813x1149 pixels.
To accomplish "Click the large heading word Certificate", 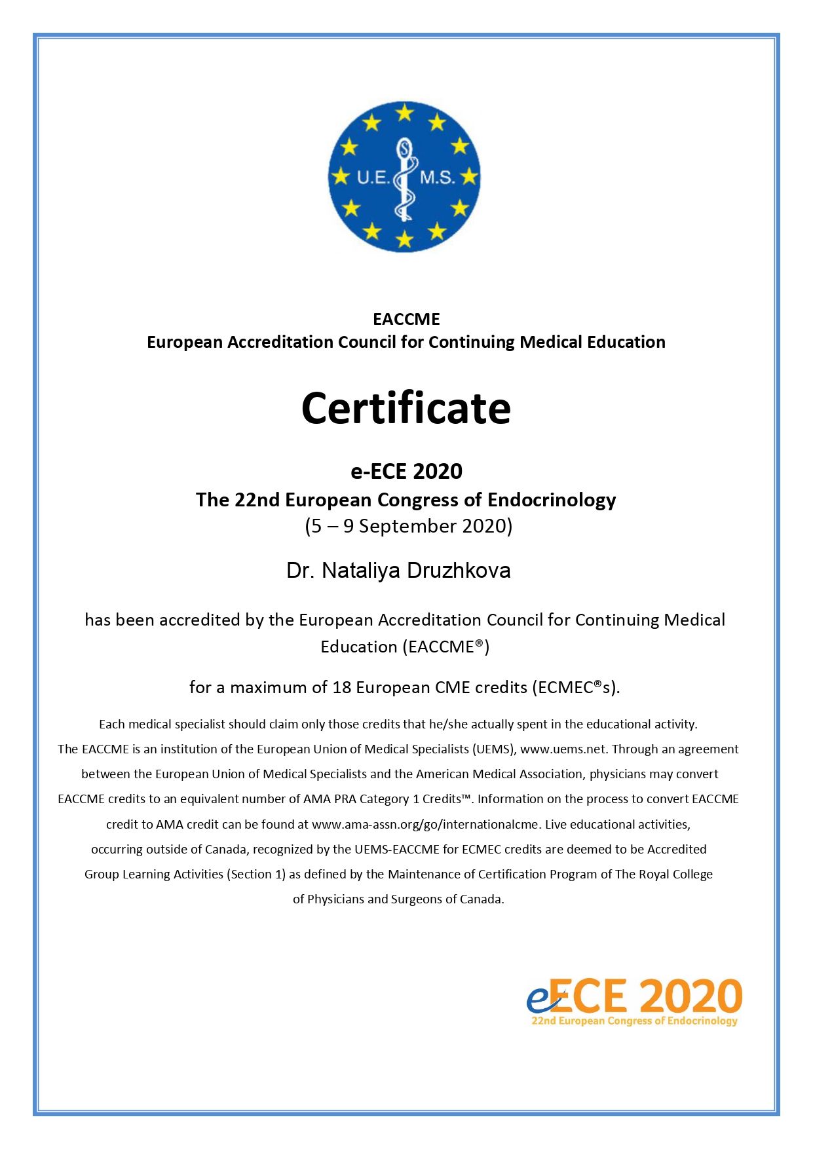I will pos(406,409).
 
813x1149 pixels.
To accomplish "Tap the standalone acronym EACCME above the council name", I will pos(406,319).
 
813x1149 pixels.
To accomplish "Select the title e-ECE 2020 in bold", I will pos(406,471).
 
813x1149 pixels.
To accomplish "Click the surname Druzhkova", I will pos(459,571).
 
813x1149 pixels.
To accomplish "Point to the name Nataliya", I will pos(361,571).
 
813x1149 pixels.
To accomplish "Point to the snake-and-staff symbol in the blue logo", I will pos(405,178).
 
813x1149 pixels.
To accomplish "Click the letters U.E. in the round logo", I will pos(373,177).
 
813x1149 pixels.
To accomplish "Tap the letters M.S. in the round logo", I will pos(437,177).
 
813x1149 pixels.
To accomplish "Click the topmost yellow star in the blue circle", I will pos(405,113).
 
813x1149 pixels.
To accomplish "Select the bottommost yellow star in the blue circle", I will pos(405,239).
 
